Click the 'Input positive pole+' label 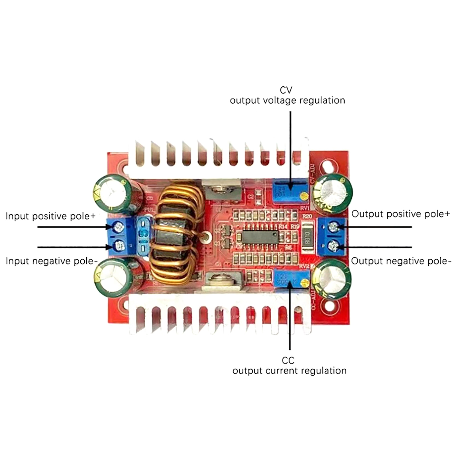pos(50,216)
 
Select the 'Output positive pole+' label pos(400,214)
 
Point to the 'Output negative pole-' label pos(401,261)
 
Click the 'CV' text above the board pos(286,90)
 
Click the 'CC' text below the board pos(288,361)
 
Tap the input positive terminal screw pos(118,227)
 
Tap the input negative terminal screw pos(119,245)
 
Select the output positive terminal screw pos(333,227)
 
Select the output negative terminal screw pos(333,245)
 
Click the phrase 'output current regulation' pos(289,371)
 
